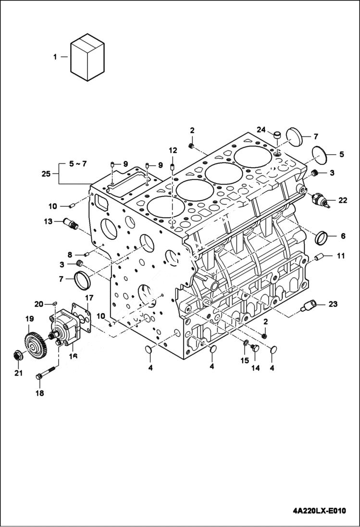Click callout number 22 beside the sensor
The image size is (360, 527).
(x=342, y=200)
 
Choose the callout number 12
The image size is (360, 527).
(x=173, y=150)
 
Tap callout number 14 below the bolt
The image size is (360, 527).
(x=256, y=368)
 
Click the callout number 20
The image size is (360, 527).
(x=39, y=304)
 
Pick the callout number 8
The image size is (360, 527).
(x=70, y=255)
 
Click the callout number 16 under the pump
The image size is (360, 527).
(x=74, y=356)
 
